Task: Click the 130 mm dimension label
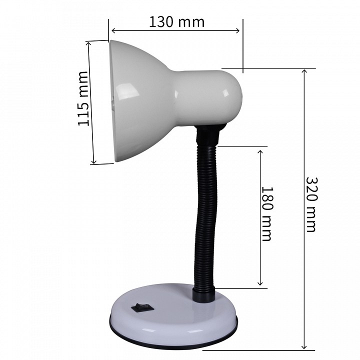pyautogui.click(x=176, y=22)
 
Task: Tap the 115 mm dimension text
pyautogui.click(x=83, y=98)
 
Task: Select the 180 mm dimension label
pyautogui.click(x=267, y=214)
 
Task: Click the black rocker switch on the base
pyautogui.click(x=143, y=307)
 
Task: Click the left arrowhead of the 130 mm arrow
pyautogui.click(x=113, y=30)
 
